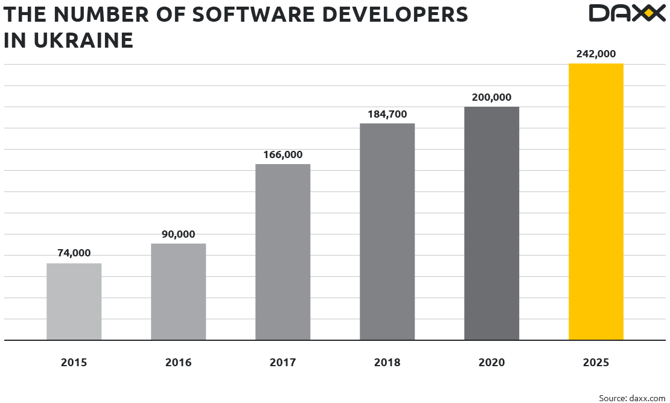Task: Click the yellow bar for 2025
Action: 596,201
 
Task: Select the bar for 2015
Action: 74,302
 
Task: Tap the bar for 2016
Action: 179,291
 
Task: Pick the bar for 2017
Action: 283,252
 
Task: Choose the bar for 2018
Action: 388,232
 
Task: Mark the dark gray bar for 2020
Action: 492,223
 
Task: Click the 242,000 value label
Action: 596,54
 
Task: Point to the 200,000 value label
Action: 491,97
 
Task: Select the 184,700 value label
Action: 388,114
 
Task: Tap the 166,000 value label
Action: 282,154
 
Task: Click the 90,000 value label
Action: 178,234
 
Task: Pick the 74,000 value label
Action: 74,253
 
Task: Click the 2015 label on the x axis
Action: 74,363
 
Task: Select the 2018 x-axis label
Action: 387,363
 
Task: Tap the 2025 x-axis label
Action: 596,363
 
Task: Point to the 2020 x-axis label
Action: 491,363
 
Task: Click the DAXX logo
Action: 626,13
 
